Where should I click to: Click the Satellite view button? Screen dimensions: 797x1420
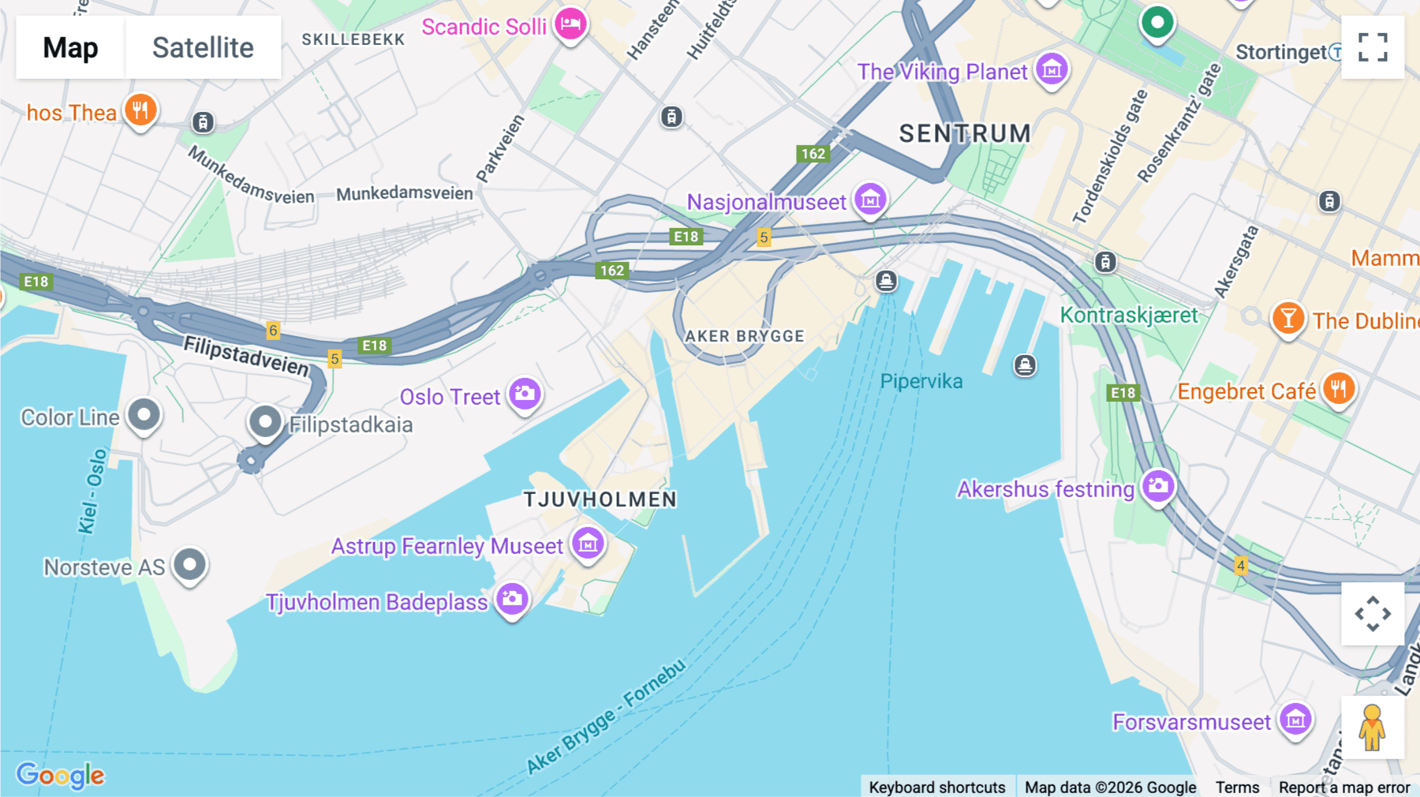point(203,47)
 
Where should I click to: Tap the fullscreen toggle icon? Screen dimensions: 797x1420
point(1373,47)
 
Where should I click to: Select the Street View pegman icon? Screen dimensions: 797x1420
point(1373,728)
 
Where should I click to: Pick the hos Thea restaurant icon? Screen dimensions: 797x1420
point(140,110)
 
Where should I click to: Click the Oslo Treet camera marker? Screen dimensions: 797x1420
point(525,393)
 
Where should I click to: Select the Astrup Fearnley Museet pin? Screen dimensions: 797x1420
point(588,543)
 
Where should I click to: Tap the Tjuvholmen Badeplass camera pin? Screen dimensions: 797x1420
point(512,599)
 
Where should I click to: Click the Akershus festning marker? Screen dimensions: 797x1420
point(1158,485)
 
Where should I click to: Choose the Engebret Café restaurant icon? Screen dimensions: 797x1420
point(1339,388)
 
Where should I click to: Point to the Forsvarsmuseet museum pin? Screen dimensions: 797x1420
point(1295,719)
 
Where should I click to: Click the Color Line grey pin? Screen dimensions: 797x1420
point(144,414)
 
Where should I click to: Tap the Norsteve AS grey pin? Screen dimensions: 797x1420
point(189,564)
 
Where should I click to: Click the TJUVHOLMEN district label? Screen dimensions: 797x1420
point(600,500)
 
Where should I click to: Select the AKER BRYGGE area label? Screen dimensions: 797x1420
point(744,336)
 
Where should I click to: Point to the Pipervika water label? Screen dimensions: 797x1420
point(921,382)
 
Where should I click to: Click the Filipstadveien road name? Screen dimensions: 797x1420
point(246,356)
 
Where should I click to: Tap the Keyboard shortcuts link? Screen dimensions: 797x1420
point(936,787)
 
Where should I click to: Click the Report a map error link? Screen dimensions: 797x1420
point(1343,787)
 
